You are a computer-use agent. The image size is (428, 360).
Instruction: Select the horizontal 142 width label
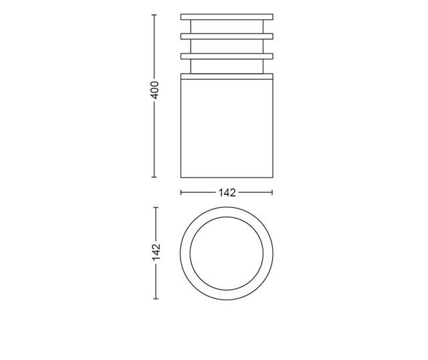[x=227, y=193]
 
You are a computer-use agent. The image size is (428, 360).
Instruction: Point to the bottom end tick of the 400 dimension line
[x=155, y=179]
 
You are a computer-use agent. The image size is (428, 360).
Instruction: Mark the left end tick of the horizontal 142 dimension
[x=181, y=193]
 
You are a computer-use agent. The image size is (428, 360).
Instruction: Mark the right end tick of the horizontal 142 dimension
[x=273, y=193]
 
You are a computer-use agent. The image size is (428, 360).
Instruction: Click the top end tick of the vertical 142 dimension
[x=155, y=207]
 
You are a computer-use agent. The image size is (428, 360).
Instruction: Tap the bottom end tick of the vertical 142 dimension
[x=155, y=298]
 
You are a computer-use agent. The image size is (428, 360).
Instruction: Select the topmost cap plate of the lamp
[x=227, y=15]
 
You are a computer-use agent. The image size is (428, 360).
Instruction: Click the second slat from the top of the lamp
[x=227, y=35]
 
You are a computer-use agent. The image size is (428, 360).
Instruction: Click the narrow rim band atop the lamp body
[x=227, y=76]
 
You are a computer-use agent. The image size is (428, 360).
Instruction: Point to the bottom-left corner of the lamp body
[x=182, y=179]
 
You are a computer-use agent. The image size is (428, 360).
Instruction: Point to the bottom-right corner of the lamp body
[x=272, y=179]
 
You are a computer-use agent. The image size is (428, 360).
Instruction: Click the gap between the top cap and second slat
[x=227, y=25]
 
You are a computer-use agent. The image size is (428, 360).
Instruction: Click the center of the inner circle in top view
[x=227, y=253]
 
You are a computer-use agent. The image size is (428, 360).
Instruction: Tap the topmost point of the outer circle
[x=227, y=207]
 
